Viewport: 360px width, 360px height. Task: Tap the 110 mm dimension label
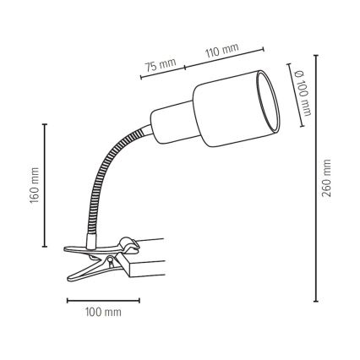pyautogui.click(x=221, y=52)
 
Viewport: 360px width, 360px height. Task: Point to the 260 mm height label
pyautogui.click(x=328, y=177)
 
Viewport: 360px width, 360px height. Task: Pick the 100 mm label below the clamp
pyautogui.click(x=102, y=313)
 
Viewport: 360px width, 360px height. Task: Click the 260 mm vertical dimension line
pyautogui.click(x=316, y=177)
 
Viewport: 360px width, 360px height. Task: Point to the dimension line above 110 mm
pyautogui.click(x=227, y=57)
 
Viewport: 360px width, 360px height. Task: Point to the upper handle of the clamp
pyautogui.click(x=85, y=247)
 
